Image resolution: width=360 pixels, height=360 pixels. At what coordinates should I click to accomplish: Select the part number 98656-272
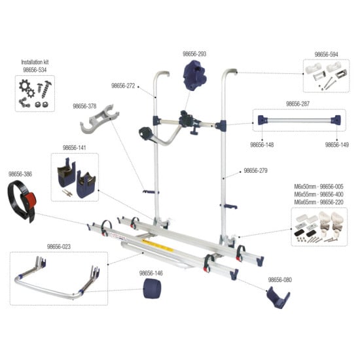pos(124,86)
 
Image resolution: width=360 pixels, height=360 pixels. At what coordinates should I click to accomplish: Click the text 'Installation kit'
pos(36,61)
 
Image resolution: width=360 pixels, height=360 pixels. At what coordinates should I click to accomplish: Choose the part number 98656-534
pos(36,68)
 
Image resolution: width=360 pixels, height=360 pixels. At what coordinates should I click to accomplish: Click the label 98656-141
pos(75,148)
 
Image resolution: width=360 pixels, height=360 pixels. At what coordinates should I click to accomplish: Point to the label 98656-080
pos(279,279)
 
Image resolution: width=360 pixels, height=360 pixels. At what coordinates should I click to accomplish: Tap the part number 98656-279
pos(256,171)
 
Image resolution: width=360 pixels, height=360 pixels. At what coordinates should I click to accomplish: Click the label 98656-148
pos(263,144)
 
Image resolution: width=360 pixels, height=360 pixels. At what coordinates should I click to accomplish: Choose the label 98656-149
pos(336,144)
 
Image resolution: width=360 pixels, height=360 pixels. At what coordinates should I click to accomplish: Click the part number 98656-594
pos(327,54)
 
